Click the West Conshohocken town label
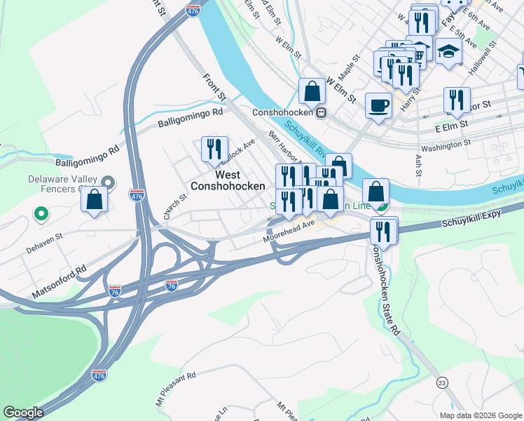pyautogui.click(x=228, y=180)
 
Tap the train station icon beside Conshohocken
pyautogui.click(x=321, y=112)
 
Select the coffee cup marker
pyautogui.click(x=378, y=105)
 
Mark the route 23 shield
pyautogui.click(x=441, y=382)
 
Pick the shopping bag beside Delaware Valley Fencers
pyautogui.click(x=94, y=199)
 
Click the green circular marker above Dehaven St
pyautogui.click(x=41, y=213)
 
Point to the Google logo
pyautogui.click(x=23, y=413)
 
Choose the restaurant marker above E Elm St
pyautogui.click(x=456, y=100)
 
